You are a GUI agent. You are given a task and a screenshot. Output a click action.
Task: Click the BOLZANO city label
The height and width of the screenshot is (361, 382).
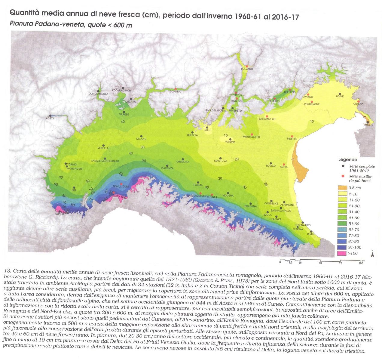247,69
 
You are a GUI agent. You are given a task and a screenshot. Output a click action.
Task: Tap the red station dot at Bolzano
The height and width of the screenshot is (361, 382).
247,66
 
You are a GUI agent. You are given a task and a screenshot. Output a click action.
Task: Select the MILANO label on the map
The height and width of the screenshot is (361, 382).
141,139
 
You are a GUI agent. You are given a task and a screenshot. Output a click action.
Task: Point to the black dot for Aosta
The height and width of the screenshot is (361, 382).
50,115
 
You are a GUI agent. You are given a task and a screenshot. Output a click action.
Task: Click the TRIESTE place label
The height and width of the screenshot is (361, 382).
368,125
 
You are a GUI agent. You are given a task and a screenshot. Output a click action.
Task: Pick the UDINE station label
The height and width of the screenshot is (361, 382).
340,97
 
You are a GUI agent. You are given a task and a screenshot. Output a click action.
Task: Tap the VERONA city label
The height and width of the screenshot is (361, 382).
230,142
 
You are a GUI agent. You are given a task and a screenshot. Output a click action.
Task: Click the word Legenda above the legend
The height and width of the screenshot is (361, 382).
348,160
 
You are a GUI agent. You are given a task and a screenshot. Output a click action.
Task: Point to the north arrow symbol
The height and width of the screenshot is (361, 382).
372,255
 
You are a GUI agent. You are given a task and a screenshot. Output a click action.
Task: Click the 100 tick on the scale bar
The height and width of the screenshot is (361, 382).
361,263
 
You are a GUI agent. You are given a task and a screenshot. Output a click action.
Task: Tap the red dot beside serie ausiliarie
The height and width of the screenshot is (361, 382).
343,175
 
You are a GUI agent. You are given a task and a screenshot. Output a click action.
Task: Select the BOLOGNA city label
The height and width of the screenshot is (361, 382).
250,206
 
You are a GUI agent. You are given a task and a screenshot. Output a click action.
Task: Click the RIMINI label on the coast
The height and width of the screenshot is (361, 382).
310,234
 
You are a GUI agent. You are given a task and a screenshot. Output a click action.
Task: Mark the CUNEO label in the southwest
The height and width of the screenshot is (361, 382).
60,214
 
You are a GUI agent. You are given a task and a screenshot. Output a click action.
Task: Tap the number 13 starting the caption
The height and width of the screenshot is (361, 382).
7,271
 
